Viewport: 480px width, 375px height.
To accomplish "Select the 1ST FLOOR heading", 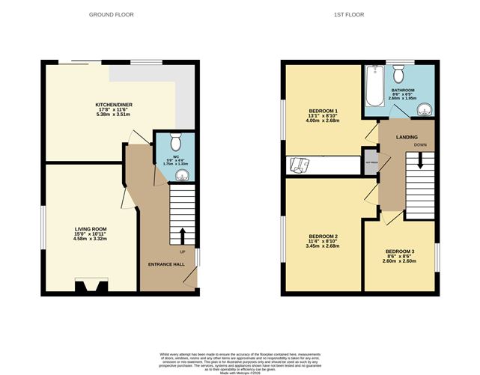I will pos(359,14).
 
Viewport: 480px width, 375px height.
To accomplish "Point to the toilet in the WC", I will pos(175,141).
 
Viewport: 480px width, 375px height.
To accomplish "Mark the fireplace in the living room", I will pos(91,285).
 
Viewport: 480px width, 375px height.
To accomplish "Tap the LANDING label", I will pos(407,135).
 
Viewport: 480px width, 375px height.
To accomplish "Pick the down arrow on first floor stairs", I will pos(420,159).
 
